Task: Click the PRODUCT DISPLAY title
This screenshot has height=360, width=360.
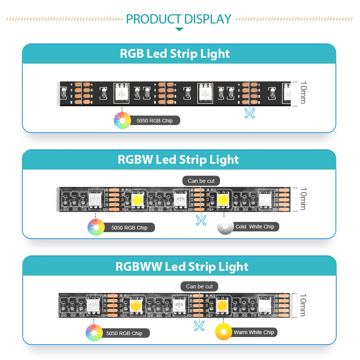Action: pos(179,19)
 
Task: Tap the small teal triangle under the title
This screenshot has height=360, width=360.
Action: pos(179,29)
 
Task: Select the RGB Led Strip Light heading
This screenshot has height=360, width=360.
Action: pos(175,54)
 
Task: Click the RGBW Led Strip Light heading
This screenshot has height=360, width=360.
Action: pos(178,160)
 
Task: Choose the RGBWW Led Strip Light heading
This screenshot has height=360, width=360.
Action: pos(182,266)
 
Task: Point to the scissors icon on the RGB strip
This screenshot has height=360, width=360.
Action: pos(250,113)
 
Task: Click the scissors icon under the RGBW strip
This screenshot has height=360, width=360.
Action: pos(201,220)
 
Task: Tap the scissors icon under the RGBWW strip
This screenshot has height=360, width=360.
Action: pos(199,325)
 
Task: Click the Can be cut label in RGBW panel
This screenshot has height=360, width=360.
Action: pos(201,181)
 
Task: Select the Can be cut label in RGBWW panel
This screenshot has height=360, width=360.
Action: pos(199,287)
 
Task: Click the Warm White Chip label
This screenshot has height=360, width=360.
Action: pos(254,332)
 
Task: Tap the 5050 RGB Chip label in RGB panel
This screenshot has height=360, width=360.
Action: pos(155,121)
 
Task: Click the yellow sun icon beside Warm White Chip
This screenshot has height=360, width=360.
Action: pos(224,332)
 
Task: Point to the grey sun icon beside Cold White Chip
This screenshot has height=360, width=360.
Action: pos(225,227)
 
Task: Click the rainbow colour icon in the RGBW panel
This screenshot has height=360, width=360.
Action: pos(96,227)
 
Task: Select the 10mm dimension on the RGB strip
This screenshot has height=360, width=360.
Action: pos(303,93)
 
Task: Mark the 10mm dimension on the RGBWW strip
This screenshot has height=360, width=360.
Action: pos(303,305)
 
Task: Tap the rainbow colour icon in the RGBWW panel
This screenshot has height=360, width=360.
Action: pos(94,333)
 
